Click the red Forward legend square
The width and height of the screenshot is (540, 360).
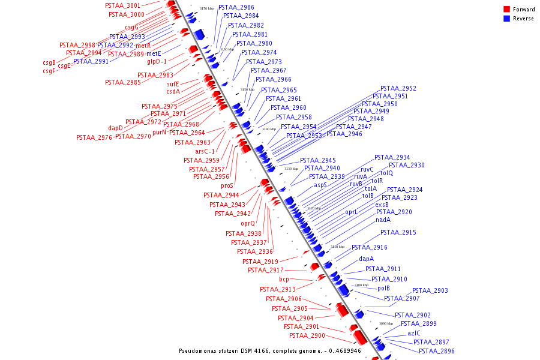(x=506, y=9)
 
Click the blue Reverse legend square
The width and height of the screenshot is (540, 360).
(x=506, y=19)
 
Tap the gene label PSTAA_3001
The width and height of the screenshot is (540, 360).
(x=122, y=5)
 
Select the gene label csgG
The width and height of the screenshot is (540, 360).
(x=131, y=27)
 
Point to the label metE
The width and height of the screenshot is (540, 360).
(x=154, y=53)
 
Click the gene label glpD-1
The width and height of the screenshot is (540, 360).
(x=157, y=61)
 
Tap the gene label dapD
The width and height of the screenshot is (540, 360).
(x=115, y=128)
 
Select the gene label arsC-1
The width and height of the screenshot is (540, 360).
(x=205, y=151)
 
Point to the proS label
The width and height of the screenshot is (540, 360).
(x=227, y=185)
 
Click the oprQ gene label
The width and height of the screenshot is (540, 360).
(x=248, y=223)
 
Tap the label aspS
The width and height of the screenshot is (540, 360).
(x=320, y=185)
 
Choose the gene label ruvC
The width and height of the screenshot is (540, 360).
(x=367, y=170)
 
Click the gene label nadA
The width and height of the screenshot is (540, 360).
(x=383, y=220)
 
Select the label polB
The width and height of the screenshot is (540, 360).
(x=383, y=288)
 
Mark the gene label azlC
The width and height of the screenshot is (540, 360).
(x=414, y=333)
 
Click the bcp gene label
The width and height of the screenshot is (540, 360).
(x=284, y=280)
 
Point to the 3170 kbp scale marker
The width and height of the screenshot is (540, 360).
(x=206, y=8)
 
